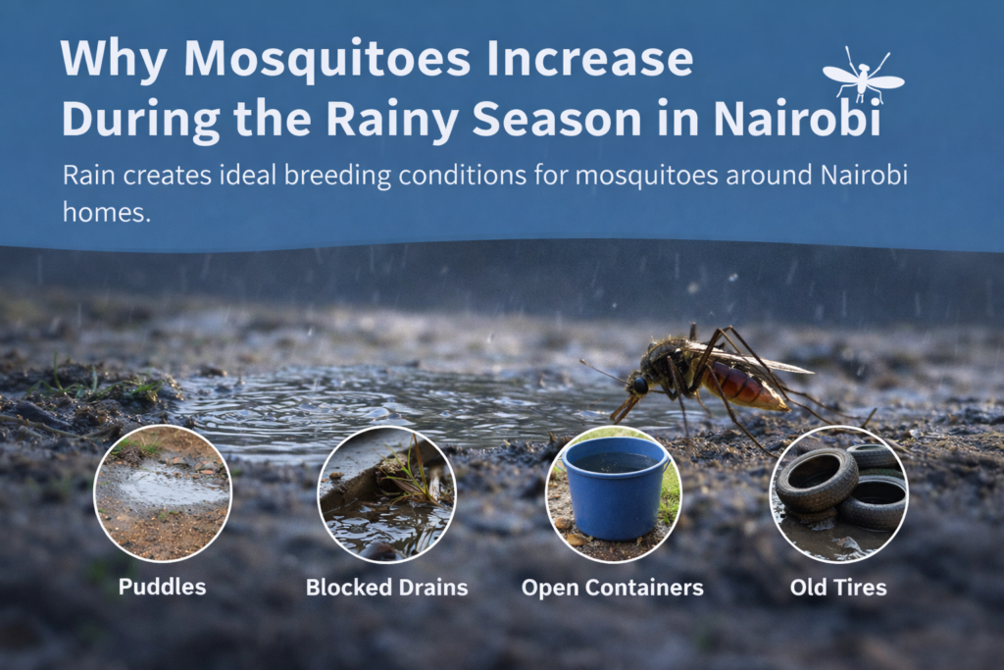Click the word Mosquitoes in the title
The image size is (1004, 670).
point(312,61)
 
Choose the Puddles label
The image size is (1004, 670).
point(162,588)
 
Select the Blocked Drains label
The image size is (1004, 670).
point(386,588)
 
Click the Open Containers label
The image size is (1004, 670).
point(612,588)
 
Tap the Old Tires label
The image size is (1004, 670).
point(838,588)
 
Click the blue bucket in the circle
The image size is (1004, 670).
point(614,487)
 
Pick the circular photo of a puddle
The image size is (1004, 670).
point(162,493)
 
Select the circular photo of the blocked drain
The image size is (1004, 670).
point(386,493)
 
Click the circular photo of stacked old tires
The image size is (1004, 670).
point(838,493)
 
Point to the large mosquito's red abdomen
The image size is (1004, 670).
point(749,387)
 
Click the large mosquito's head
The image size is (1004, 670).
point(638,384)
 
